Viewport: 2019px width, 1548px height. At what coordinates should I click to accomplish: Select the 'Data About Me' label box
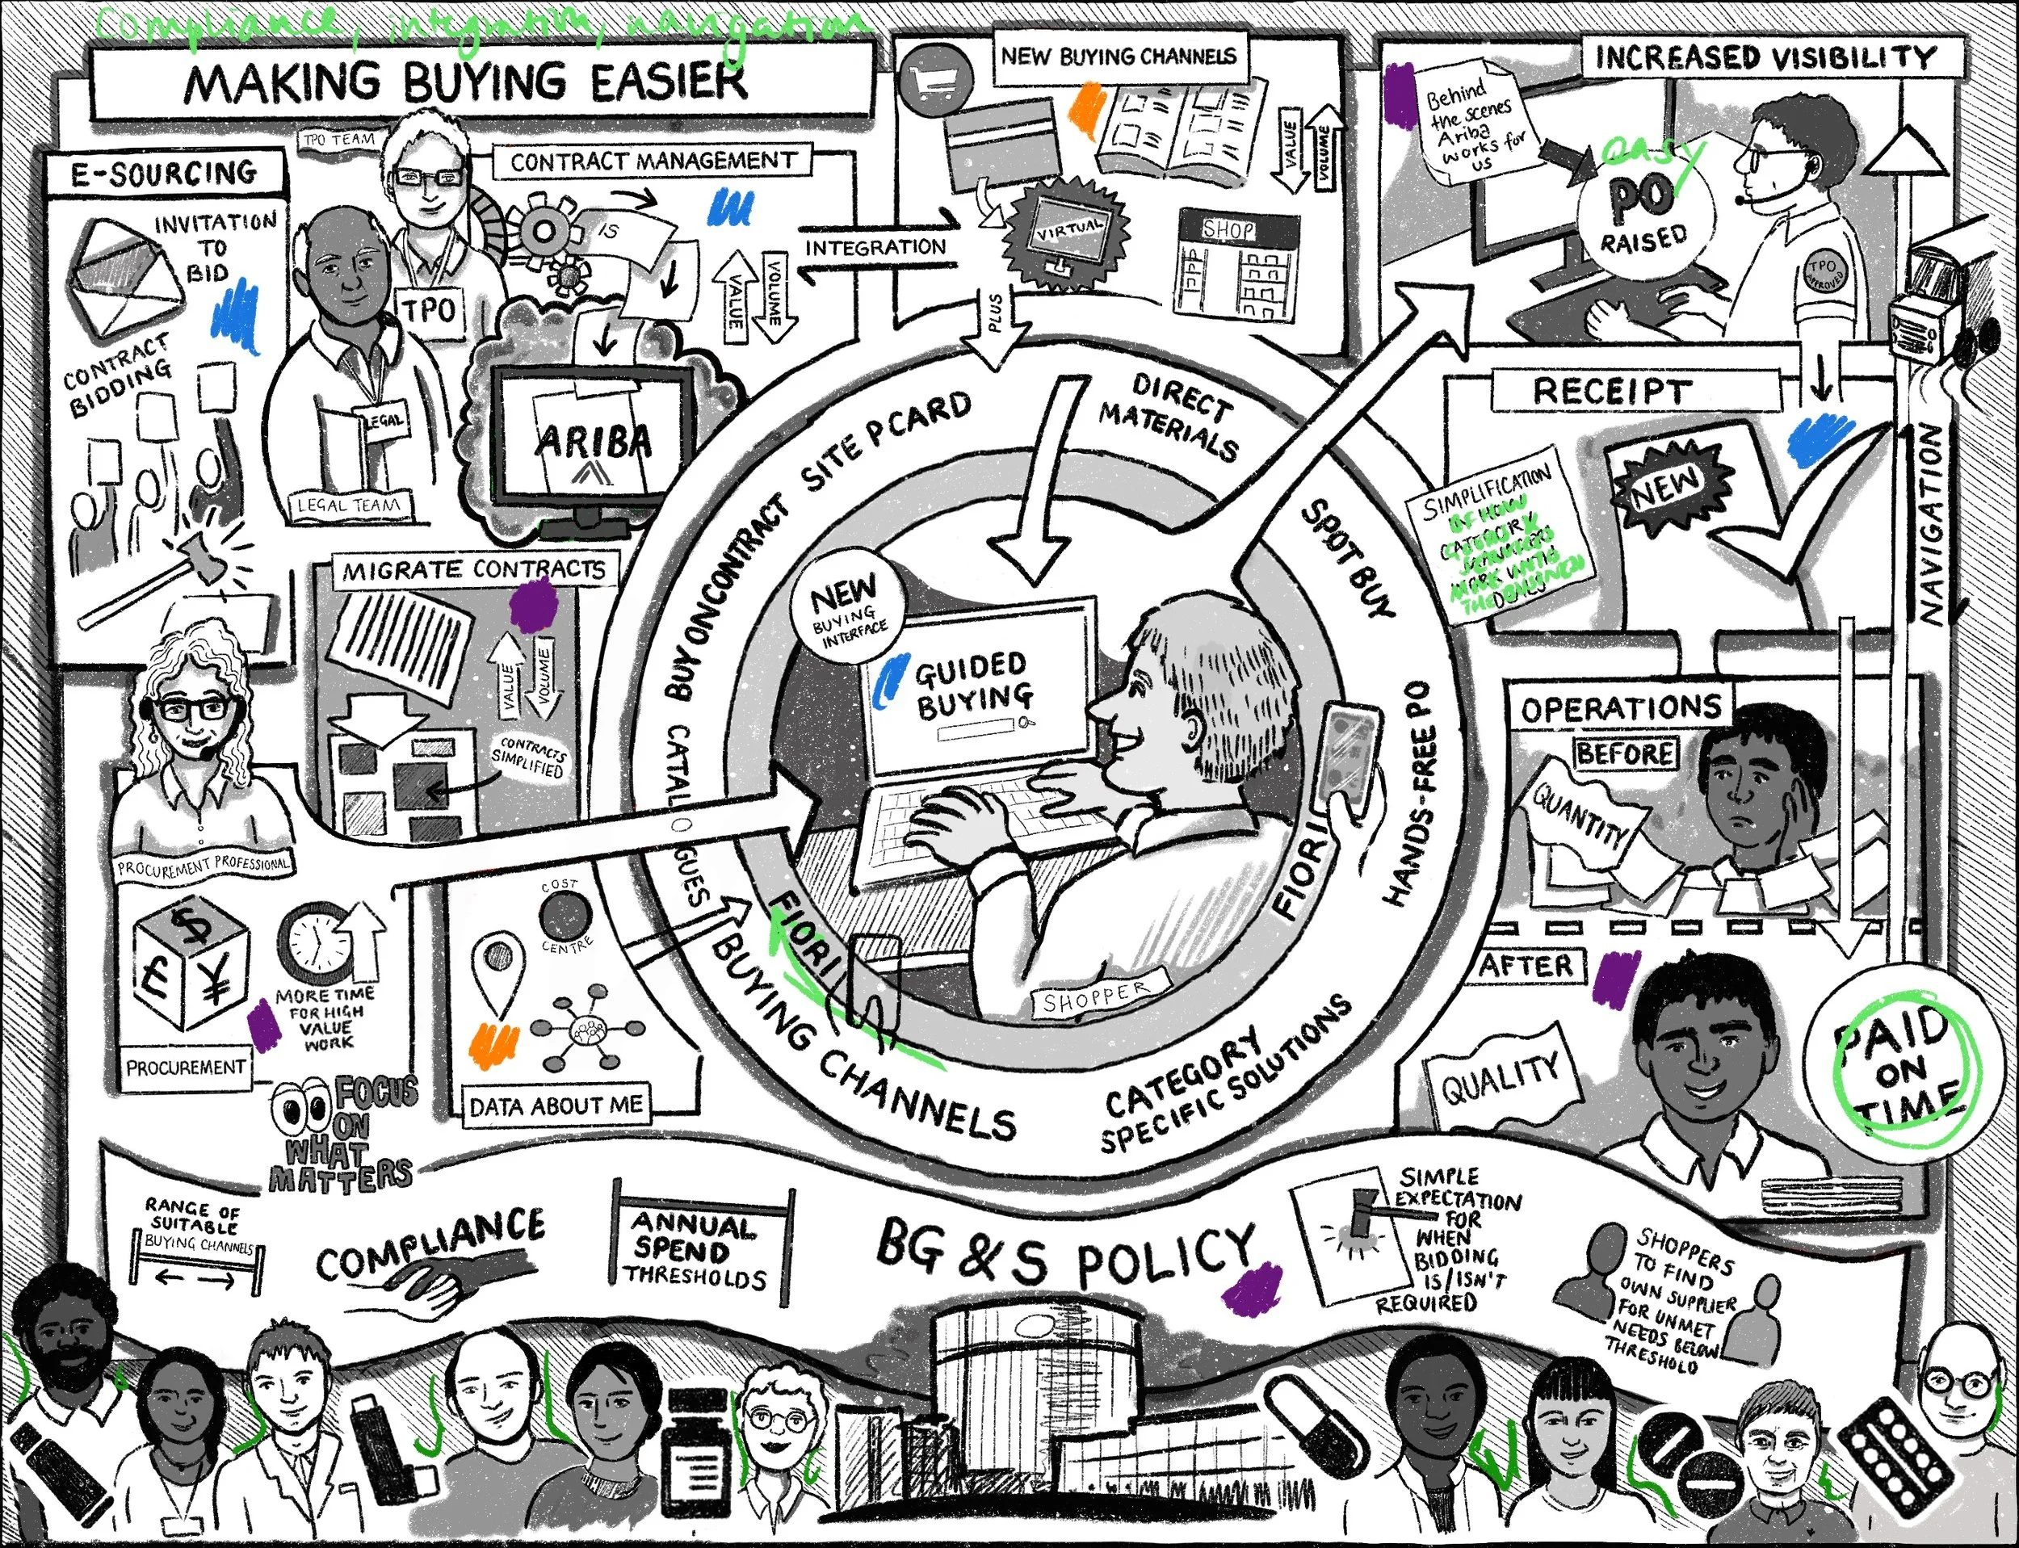pos(556,1105)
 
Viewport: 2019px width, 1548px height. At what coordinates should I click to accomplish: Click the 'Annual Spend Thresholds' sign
pos(699,1250)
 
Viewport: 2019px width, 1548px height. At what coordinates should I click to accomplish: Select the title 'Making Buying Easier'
pos(466,81)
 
